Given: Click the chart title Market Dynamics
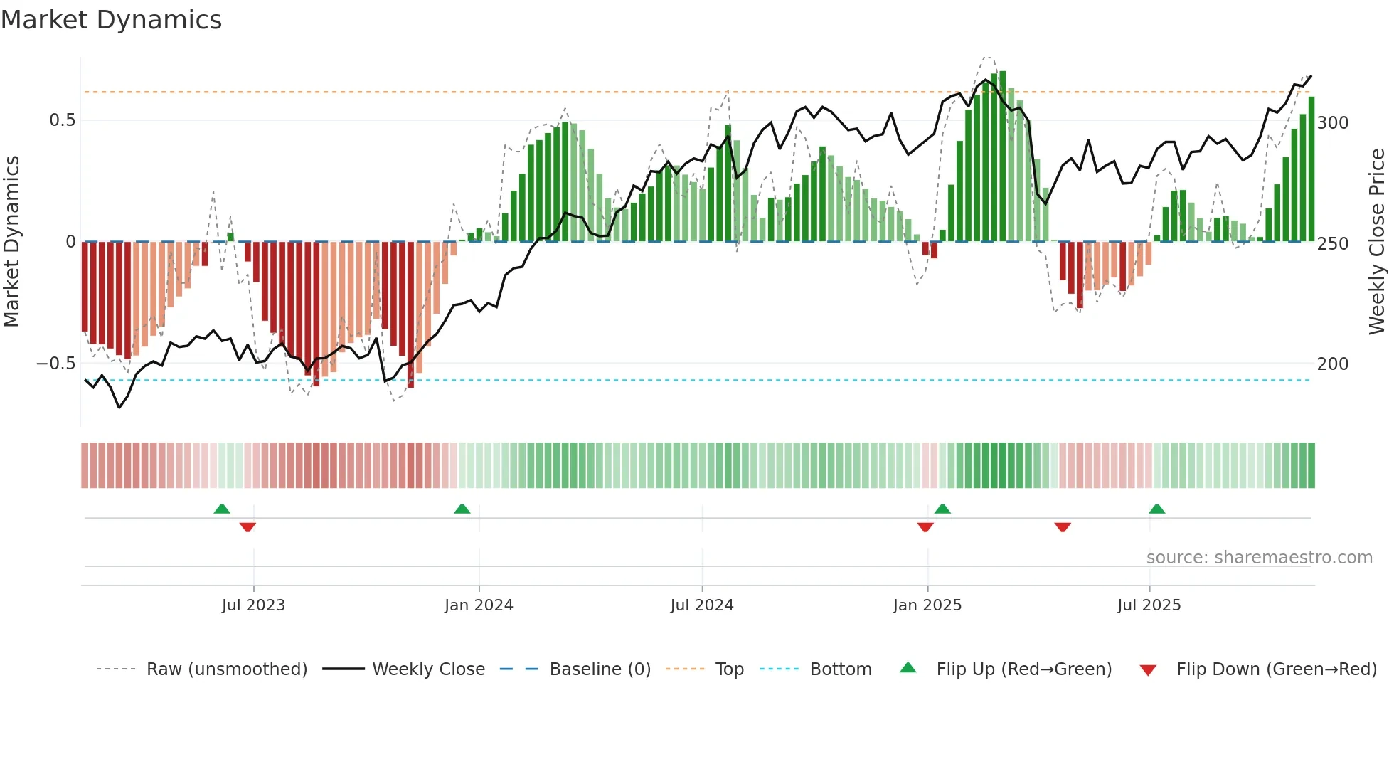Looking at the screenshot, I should point(111,20).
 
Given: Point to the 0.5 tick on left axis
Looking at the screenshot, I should point(62,120).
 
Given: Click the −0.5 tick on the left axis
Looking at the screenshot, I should point(56,364).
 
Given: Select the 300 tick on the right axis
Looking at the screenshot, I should point(1333,123).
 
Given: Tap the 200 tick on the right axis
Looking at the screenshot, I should point(1333,364).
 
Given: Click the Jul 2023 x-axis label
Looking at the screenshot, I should point(253,605).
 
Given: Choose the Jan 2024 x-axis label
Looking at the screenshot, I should point(479,605).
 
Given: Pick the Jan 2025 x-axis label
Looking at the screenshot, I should point(927,605).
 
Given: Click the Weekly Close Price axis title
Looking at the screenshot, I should point(1377,242).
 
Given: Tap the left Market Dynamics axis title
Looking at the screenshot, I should point(11,242).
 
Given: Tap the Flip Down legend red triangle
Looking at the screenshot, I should point(1148,670).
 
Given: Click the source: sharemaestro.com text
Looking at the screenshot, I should point(1259,558).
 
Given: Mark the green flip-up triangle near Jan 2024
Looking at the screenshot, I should point(462,509).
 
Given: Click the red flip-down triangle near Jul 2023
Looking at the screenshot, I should point(248,527).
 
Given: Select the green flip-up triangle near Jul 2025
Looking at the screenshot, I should point(1157,509).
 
